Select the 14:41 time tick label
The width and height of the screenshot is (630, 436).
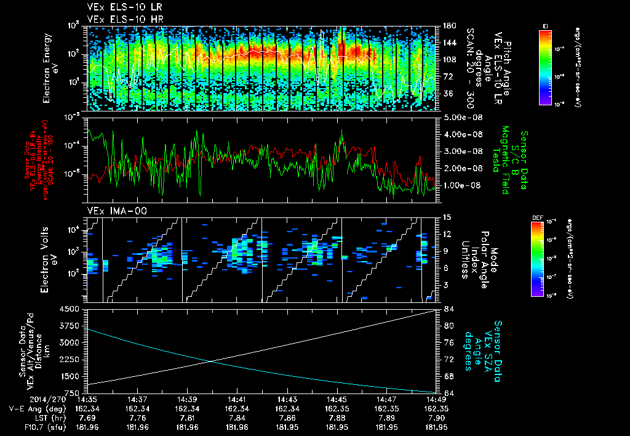[x=236, y=400]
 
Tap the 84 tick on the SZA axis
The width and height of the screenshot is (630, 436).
[x=449, y=309]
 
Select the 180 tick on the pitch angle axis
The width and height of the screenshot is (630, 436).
[x=450, y=26]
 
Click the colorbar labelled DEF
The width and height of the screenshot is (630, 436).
[x=545, y=259]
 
